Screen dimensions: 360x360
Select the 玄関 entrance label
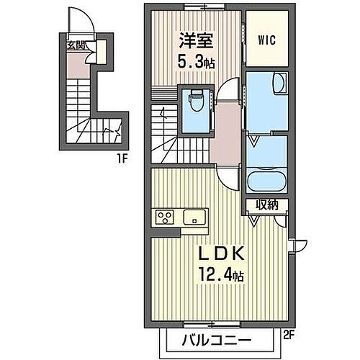(76, 45)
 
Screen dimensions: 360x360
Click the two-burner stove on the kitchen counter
(164, 217)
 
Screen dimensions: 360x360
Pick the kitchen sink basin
(195, 217)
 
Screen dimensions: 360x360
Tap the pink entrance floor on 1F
(76, 66)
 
